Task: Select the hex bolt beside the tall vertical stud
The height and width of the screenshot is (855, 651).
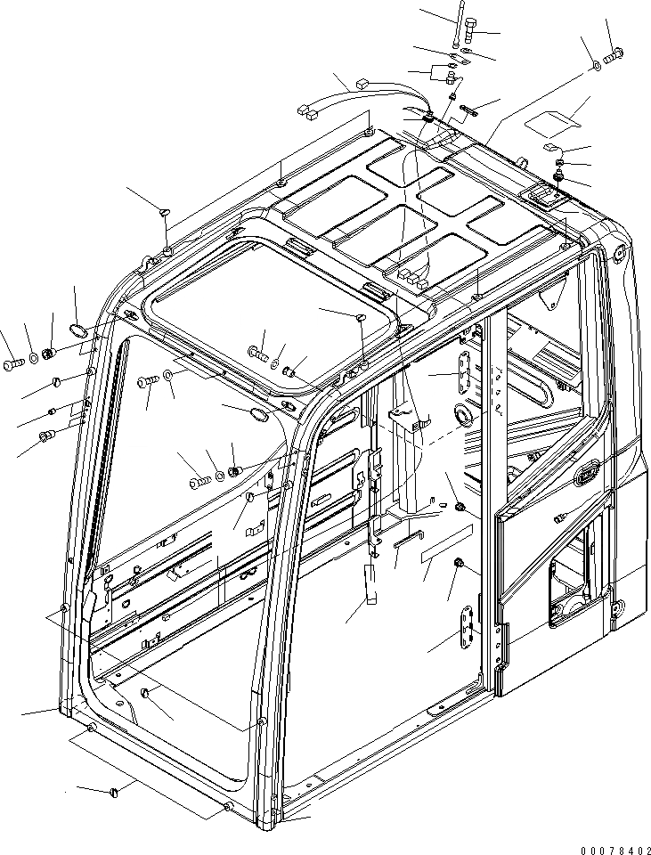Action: coord(471,37)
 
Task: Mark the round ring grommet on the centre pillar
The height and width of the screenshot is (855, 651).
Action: coord(462,414)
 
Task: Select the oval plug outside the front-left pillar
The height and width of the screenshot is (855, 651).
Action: coord(79,331)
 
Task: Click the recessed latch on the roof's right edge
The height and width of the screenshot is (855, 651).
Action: coord(540,195)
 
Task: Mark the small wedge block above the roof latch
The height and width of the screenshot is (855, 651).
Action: coord(550,148)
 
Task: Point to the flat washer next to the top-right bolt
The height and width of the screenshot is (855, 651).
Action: coord(594,67)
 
